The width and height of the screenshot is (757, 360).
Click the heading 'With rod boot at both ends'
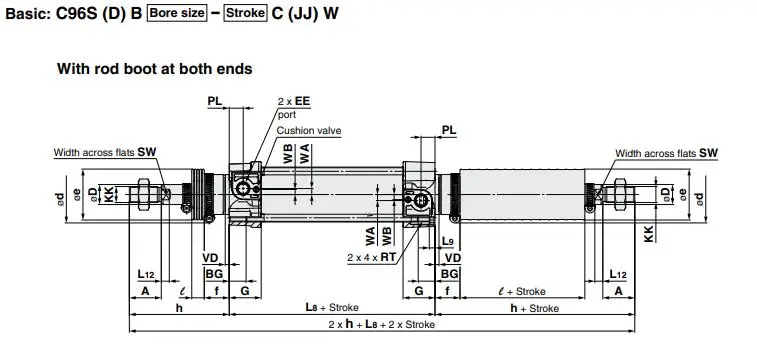click(x=155, y=69)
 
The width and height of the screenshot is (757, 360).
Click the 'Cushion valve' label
click(x=309, y=130)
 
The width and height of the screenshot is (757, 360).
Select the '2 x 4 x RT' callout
click(x=371, y=257)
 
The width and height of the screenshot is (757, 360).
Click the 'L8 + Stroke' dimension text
click(x=330, y=307)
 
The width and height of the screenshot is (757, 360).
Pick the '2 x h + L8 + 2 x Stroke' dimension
click(x=380, y=326)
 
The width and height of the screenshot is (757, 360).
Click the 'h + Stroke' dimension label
click(x=534, y=307)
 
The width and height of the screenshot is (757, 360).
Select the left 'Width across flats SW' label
click(x=107, y=153)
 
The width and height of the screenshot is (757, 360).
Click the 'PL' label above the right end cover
click(x=448, y=130)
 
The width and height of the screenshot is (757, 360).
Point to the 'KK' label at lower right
click(x=650, y=233)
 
